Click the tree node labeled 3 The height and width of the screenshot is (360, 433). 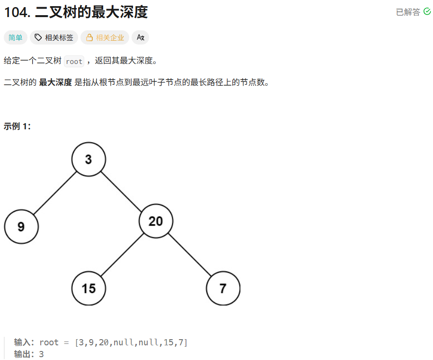[x=88, y=159]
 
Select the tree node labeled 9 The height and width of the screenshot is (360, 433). [x=21, y=226]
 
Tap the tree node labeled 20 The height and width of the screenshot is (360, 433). [x=156, y=221]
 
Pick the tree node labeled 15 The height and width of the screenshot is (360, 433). [x=88, y=288]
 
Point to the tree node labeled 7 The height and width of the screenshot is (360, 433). [x=223, y=288]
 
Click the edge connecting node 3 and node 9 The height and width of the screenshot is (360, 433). [x=54, y=193]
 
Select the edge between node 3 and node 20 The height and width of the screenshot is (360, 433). [x=122, y=189]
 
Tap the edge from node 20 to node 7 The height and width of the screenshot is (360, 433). [x=189, y=254]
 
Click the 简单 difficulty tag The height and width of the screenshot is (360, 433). [x=16, y=37]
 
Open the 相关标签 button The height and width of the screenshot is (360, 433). [x=54, y=37]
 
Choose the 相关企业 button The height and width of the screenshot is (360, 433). [x=105, y=37]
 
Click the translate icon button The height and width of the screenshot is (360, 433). [x=140, y=37]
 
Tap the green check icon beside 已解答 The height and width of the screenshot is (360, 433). [x=427, y=12]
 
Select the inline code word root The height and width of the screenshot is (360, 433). [x=74, y=62]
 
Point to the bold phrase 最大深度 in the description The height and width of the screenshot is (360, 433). [x=55, y=82]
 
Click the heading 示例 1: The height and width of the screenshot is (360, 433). [x=17, y=126]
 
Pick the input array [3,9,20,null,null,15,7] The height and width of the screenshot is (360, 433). [x=131, y=342]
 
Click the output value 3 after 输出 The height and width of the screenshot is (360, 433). [x=42, y=354]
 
